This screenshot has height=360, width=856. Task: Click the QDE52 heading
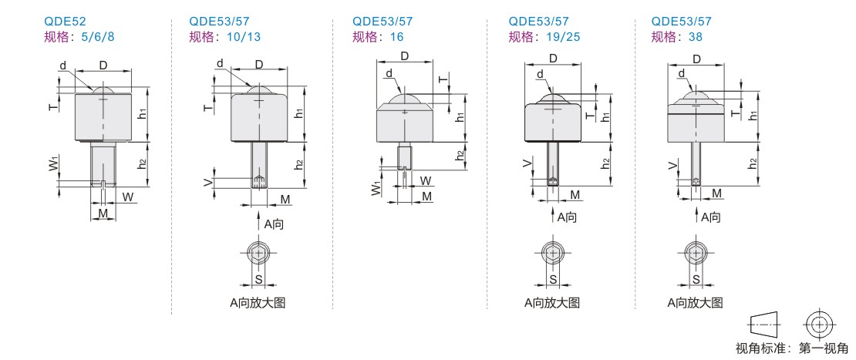(65, 22)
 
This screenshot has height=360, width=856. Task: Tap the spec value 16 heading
(397, 37)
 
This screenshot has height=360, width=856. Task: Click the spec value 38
(696, 37)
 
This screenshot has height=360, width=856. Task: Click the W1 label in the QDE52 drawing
(54, 164)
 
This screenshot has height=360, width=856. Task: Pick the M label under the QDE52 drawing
(103, 213)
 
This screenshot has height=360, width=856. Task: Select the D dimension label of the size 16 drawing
(405, 56)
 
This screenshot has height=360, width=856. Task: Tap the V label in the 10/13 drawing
(207, 183)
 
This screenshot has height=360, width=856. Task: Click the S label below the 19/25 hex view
(552, 279)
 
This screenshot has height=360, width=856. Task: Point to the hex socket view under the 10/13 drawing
(259, 253)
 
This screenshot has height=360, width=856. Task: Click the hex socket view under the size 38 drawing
(696, 253)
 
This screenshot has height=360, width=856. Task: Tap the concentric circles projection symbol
(817, 324)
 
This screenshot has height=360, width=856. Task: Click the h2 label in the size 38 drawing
(753, 163)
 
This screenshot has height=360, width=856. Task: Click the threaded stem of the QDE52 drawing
(103, 164)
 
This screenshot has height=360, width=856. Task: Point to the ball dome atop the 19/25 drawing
(552, 99)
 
